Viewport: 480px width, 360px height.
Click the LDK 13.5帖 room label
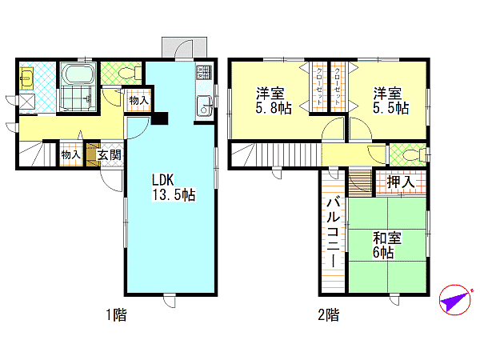(174, 187)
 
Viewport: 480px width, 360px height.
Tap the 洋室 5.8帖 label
(274, 101)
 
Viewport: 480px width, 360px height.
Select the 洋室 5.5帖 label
(390, 101)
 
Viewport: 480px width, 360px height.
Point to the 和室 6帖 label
(387, 245)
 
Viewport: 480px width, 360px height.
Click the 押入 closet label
(401, 182)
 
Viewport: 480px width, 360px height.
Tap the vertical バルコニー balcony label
(333, 234)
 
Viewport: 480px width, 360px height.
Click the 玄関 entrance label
(110, 155)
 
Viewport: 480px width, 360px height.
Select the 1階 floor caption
(116, 314)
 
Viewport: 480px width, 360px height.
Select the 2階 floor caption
(329, 314)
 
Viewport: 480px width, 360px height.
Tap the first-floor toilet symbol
(129, 73)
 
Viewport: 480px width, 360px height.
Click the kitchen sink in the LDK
(205, 106)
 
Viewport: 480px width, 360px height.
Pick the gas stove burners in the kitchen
(204, 73)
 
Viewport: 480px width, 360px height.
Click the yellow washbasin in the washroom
(26, 78)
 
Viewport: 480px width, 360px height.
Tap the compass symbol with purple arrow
(455, 300)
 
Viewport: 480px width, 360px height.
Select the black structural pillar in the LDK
(160, 118)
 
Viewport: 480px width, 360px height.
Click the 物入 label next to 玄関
(71, 154)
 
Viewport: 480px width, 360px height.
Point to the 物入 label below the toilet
(138, 100)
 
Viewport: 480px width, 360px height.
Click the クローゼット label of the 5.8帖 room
(318, 86)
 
